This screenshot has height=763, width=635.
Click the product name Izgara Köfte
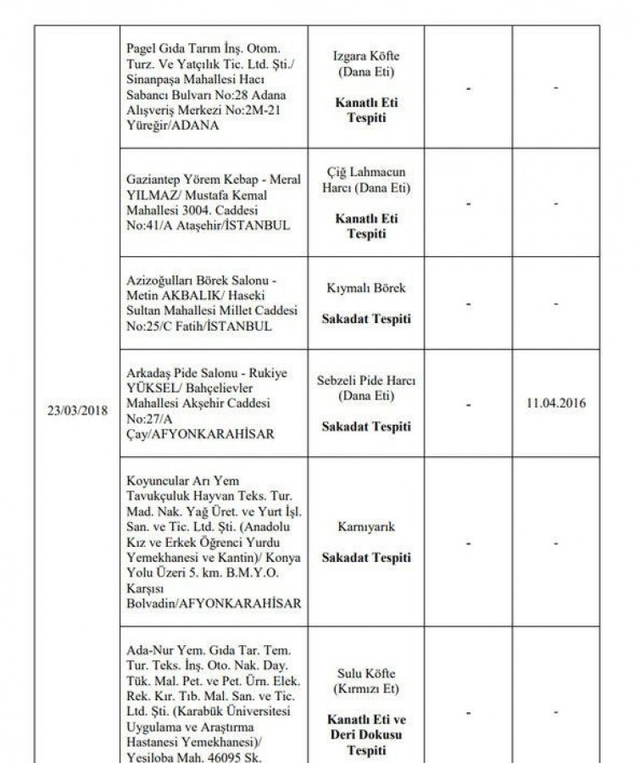tap(365, 56)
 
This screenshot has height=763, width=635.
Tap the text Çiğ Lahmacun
tap(365, 172)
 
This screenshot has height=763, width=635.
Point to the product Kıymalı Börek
tap(365, 288)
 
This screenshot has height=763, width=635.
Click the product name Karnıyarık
tap(365, 527)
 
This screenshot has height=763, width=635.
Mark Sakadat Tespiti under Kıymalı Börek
tap(365, 319)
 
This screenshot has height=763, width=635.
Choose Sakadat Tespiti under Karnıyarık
tap(365, 558)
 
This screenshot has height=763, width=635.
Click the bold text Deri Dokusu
tap(365, 734)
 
